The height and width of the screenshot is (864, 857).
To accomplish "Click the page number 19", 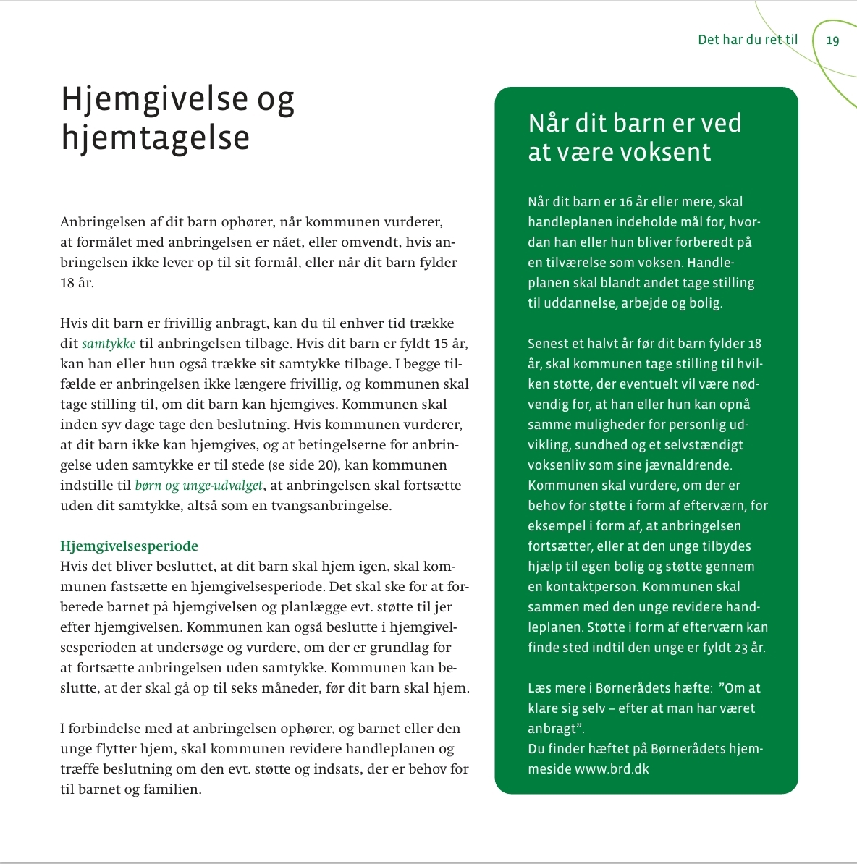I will click(x=832, y=41).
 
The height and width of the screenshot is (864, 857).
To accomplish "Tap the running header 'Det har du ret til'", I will click(x=747, y=40).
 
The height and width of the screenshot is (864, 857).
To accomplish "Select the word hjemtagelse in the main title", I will click(x=155, y=137).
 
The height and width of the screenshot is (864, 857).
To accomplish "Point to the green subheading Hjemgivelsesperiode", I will click(x=129, y=546).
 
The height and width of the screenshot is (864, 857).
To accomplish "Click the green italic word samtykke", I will click(x=109, y=344).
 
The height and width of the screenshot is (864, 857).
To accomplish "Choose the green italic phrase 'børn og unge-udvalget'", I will click(x=198, y=486).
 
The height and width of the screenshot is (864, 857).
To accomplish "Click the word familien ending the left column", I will click(x=174, y=789).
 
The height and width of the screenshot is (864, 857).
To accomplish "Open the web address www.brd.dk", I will click(x=612, y=769).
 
